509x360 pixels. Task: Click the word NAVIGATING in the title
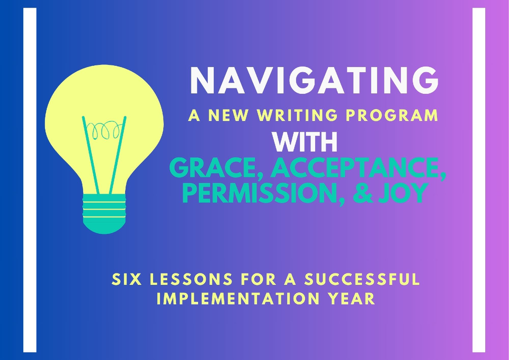click(x=314, y=82)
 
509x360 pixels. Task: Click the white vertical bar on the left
click(x=30, y=180)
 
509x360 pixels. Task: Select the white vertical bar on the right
click(x=478, y=180)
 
